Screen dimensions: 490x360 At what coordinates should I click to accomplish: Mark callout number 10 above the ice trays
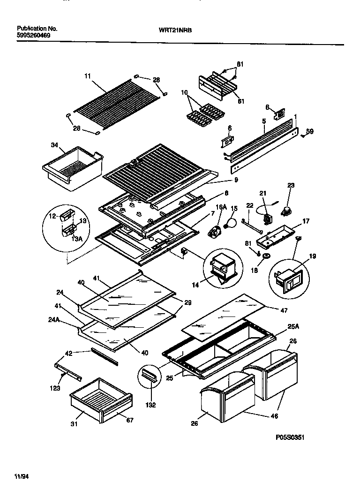coord(184,93)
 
